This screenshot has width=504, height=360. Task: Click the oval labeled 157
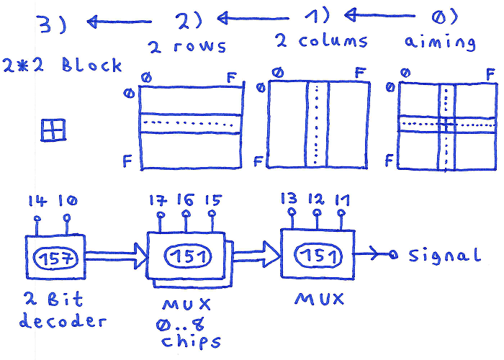click(55, 258)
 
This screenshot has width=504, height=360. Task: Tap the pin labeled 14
click(37, 219)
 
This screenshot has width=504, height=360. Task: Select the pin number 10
click(66, 217)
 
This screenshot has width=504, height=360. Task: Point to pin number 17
click(160, 215)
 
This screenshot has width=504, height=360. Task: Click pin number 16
click(186, 213)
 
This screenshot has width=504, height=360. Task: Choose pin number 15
click(212, 213)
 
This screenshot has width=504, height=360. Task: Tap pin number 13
click(292, 212)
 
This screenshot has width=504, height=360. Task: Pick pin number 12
click(317, 213)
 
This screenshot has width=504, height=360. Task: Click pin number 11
click(341, 213)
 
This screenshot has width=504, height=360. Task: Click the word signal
click(445, 256)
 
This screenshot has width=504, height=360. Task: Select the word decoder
click(63, 321)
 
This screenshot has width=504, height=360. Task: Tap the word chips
click(191, 342)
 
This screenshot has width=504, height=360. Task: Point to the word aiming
click(440, 42)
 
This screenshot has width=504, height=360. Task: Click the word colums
click(333, 40)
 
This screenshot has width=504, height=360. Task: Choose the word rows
click(200, 45)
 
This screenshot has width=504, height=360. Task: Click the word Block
click(91, 65)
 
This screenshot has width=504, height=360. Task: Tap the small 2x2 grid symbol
click(53, 130)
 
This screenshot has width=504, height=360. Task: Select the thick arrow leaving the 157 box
click(117, 256)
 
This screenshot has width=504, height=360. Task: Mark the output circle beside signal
click(392, 255)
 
